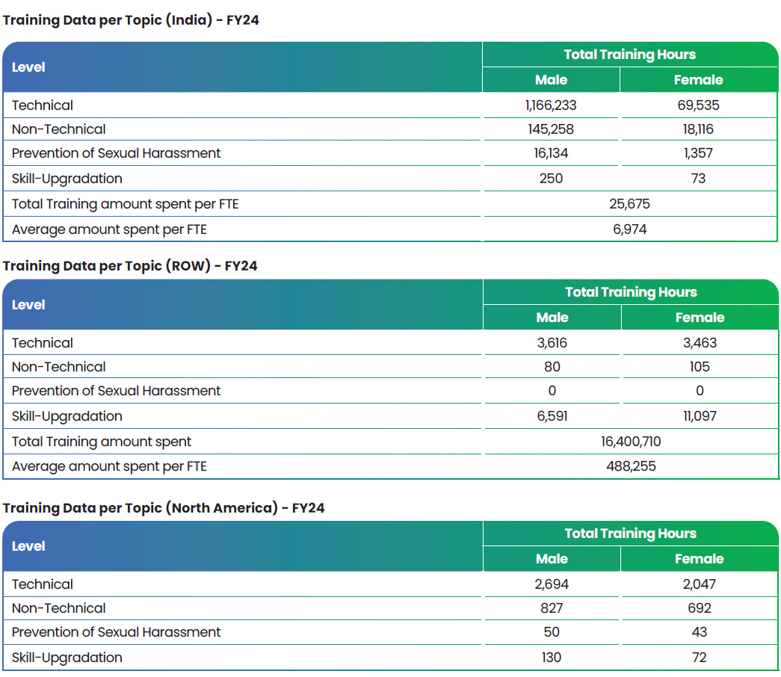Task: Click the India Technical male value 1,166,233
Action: click(551, 105)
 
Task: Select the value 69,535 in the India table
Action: click(698, 105)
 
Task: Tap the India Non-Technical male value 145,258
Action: click(551, 129)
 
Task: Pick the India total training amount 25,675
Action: click(629, 204)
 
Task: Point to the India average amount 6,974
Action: click(629, 229)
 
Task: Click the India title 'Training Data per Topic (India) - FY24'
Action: click(131, 20)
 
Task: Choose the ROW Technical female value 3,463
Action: click(700, 343)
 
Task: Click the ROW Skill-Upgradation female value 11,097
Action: click(700, 416)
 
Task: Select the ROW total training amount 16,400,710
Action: click(631, 442)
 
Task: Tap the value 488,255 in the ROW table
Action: click(631, 466)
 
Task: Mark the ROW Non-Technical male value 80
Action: click(552, 367)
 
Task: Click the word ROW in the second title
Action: click(188, 266)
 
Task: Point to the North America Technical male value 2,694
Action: click(552, 584)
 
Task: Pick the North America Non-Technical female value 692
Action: click(700, 608)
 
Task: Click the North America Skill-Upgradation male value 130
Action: click(552, 657)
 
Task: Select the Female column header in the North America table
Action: click(700, 559)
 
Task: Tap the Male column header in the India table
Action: click(551, 80)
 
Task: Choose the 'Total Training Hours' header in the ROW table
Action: click(631, 292)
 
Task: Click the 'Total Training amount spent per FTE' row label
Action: click(125, 204)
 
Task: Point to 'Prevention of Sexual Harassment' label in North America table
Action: click(116, 632)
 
